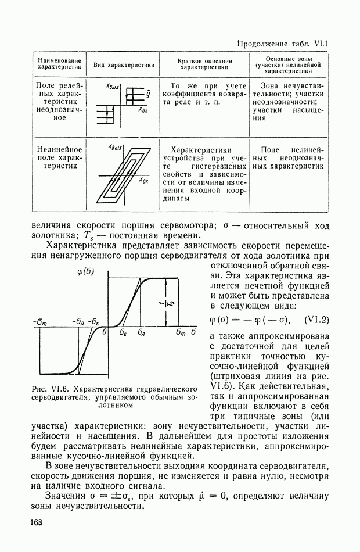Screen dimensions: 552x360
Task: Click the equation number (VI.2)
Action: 316,319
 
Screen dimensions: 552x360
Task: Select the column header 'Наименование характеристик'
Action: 58,64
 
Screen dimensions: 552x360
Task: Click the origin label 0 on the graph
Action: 105,333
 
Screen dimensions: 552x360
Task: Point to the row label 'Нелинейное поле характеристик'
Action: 58,157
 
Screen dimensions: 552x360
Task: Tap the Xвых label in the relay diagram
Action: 113,87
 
